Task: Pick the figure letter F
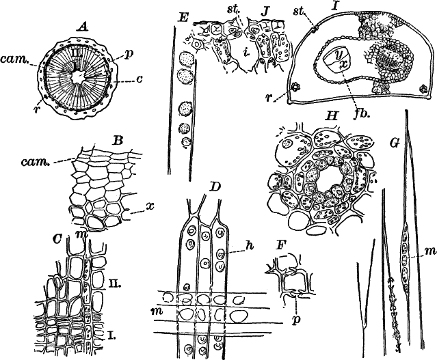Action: pyautogui.click(x=278, y=243)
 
